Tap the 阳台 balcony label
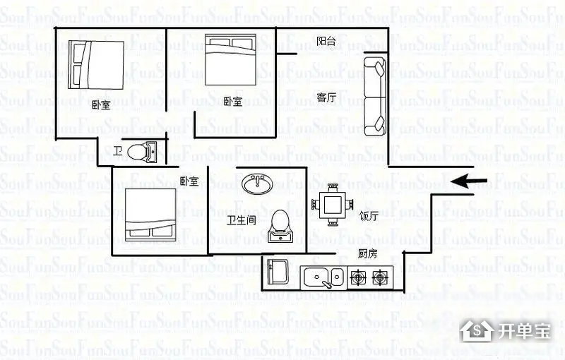point(326,41)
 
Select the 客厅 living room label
point(326,97)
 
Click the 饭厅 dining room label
point(368,216)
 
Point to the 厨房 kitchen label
point(367,253)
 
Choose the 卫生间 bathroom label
point(241,220)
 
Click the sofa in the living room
point(375,97)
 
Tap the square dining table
point(332,205)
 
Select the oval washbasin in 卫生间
point(257,184)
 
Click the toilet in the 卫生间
point(280,226)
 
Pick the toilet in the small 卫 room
point(142,152)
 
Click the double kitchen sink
point(323,277)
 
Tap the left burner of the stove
point(358,277)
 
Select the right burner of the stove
point(380,277)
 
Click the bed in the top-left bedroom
point(96,65)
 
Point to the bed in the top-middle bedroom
point(231,60)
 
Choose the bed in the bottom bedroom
point(150,215)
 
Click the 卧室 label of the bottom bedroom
point(189,181)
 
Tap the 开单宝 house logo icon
point(477,330)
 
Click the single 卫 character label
point(118,150)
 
